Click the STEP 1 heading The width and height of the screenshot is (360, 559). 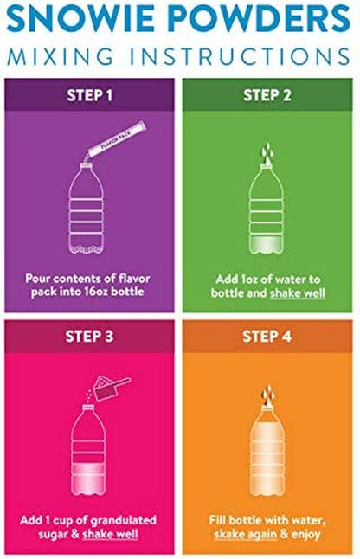pos(90,95)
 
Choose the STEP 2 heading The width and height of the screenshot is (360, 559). pos(267,95)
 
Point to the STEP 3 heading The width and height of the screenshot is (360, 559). pos(89,337)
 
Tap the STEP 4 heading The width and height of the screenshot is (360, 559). pos(267,337)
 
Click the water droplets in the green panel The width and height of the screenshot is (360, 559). pos(267,151)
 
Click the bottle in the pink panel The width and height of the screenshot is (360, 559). pos(88,450)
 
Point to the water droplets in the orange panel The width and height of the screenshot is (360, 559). pos(267,393)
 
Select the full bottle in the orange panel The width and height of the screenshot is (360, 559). pos(267,450)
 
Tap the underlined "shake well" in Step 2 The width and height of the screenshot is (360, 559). pos(298,293)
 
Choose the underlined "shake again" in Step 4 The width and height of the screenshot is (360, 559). pos(246,534)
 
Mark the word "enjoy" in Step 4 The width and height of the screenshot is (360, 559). pos(305,535)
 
